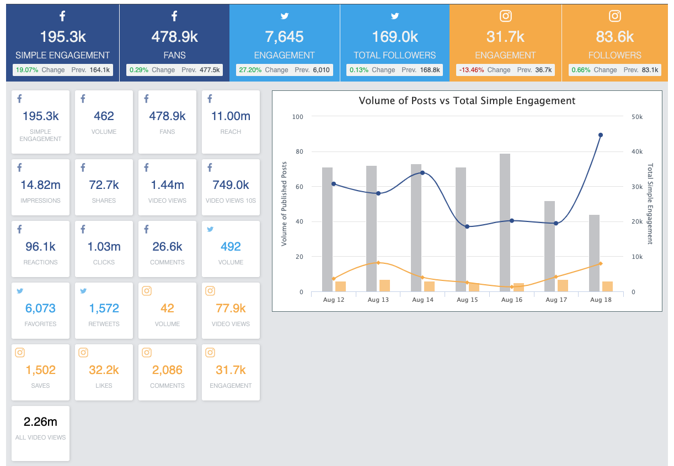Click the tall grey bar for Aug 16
pos(505,223)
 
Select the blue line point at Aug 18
pos(600,135)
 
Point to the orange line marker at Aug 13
pos(378,263)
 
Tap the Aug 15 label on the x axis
pos(467,300)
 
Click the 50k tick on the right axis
pos(637,117)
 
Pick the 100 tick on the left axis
pos(298,117)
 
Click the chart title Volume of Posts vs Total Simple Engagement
pos(467,101)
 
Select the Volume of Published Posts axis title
pos(283,204)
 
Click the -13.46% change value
pos(471,70)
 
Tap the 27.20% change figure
pos(250,70)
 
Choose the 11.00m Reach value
pos(231,116)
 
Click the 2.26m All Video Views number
pos(40,422)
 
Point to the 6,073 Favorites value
pos(40,308)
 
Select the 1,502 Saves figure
pos(40,370)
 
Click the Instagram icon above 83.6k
pos(615,16)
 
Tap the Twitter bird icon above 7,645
pos(285,16)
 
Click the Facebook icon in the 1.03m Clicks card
pos(83,229)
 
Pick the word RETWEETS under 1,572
pos(104,324)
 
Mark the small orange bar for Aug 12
pos(340,286)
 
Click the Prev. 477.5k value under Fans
pos(200,70)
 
